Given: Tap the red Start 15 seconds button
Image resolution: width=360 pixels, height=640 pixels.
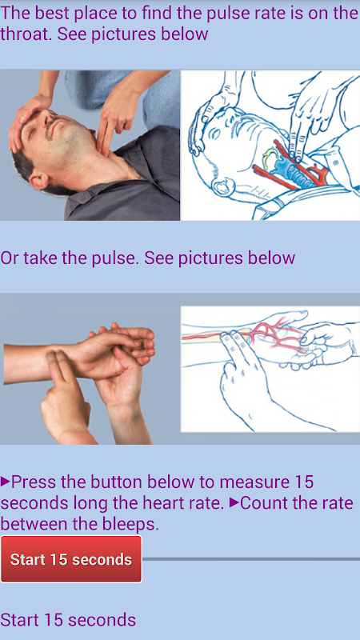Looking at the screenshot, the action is [x=71, y=558].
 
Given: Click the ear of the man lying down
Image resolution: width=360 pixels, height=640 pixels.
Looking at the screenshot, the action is [x=38, y=180].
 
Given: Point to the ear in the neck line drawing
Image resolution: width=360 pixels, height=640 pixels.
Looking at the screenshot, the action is [x=222, y=188].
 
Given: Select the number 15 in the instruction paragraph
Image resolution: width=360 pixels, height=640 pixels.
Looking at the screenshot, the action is [x=303, y=482].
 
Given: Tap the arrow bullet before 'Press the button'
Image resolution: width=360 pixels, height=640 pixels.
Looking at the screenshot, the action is [x=5, y=482].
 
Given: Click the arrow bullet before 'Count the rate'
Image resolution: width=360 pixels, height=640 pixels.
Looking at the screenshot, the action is [x=234, y=503].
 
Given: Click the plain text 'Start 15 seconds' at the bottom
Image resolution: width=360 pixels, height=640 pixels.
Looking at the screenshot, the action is [x=68, y=619].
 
